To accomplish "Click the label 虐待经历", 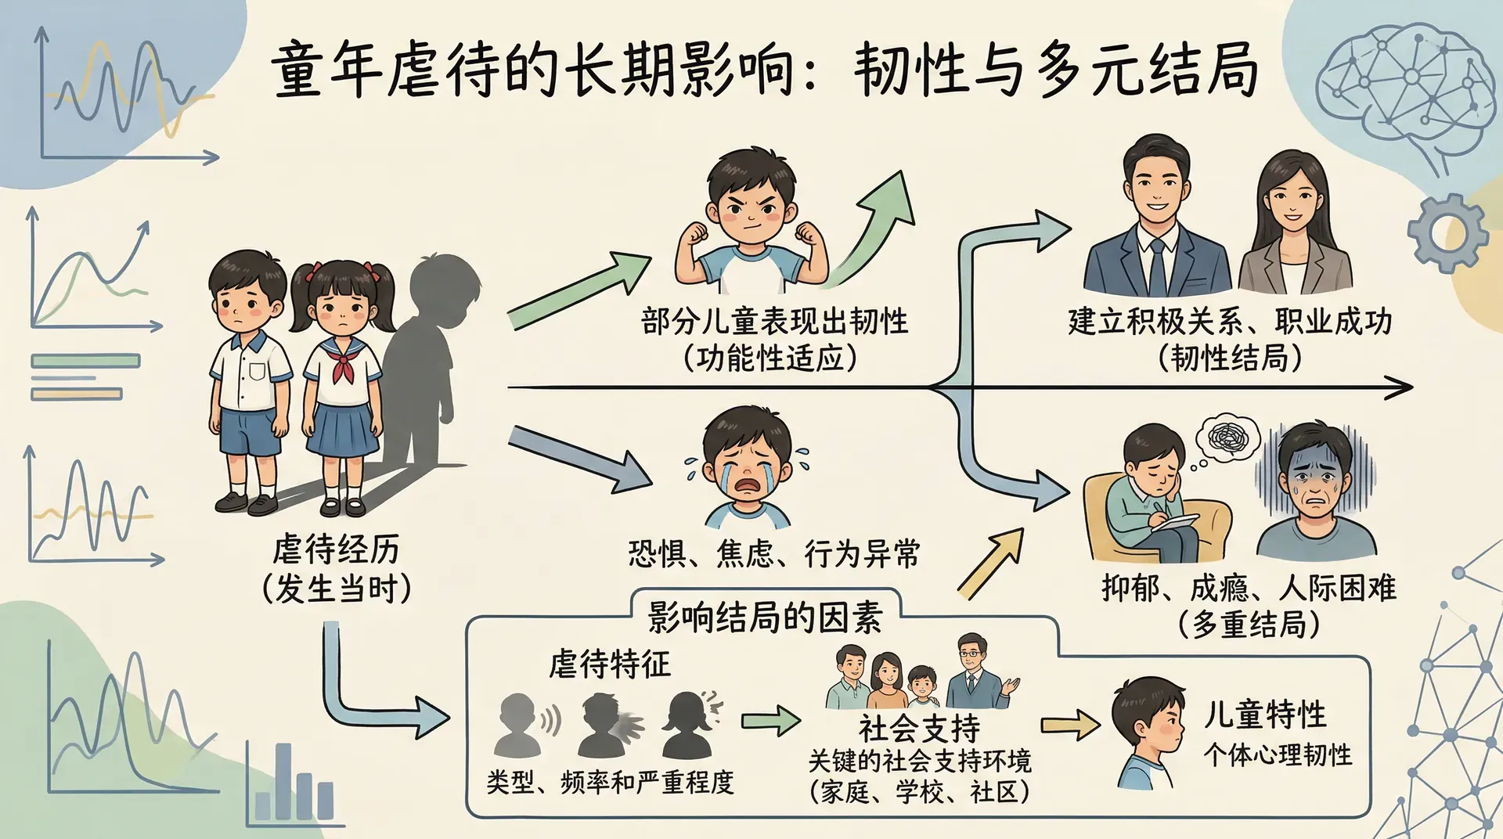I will point(336,549).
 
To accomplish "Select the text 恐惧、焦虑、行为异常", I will point(773,554).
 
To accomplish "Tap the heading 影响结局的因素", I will point(765,618).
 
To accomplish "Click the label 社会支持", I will point(919,729).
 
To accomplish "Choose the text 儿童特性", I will point(1265,714).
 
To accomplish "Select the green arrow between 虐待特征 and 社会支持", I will point(770,719).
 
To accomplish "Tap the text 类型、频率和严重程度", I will point(610,782).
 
